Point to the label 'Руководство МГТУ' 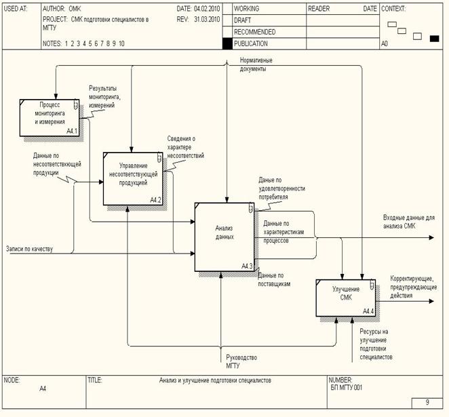[x=242, y=361]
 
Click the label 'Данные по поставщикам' [x=274, y=279]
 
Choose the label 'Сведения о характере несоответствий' [x=181, y=147]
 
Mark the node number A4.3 [x=248, y=266]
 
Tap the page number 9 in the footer [x=427, y=403]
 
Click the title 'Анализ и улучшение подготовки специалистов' [x=215, y=381]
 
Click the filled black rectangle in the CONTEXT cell [x=434, y=38]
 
